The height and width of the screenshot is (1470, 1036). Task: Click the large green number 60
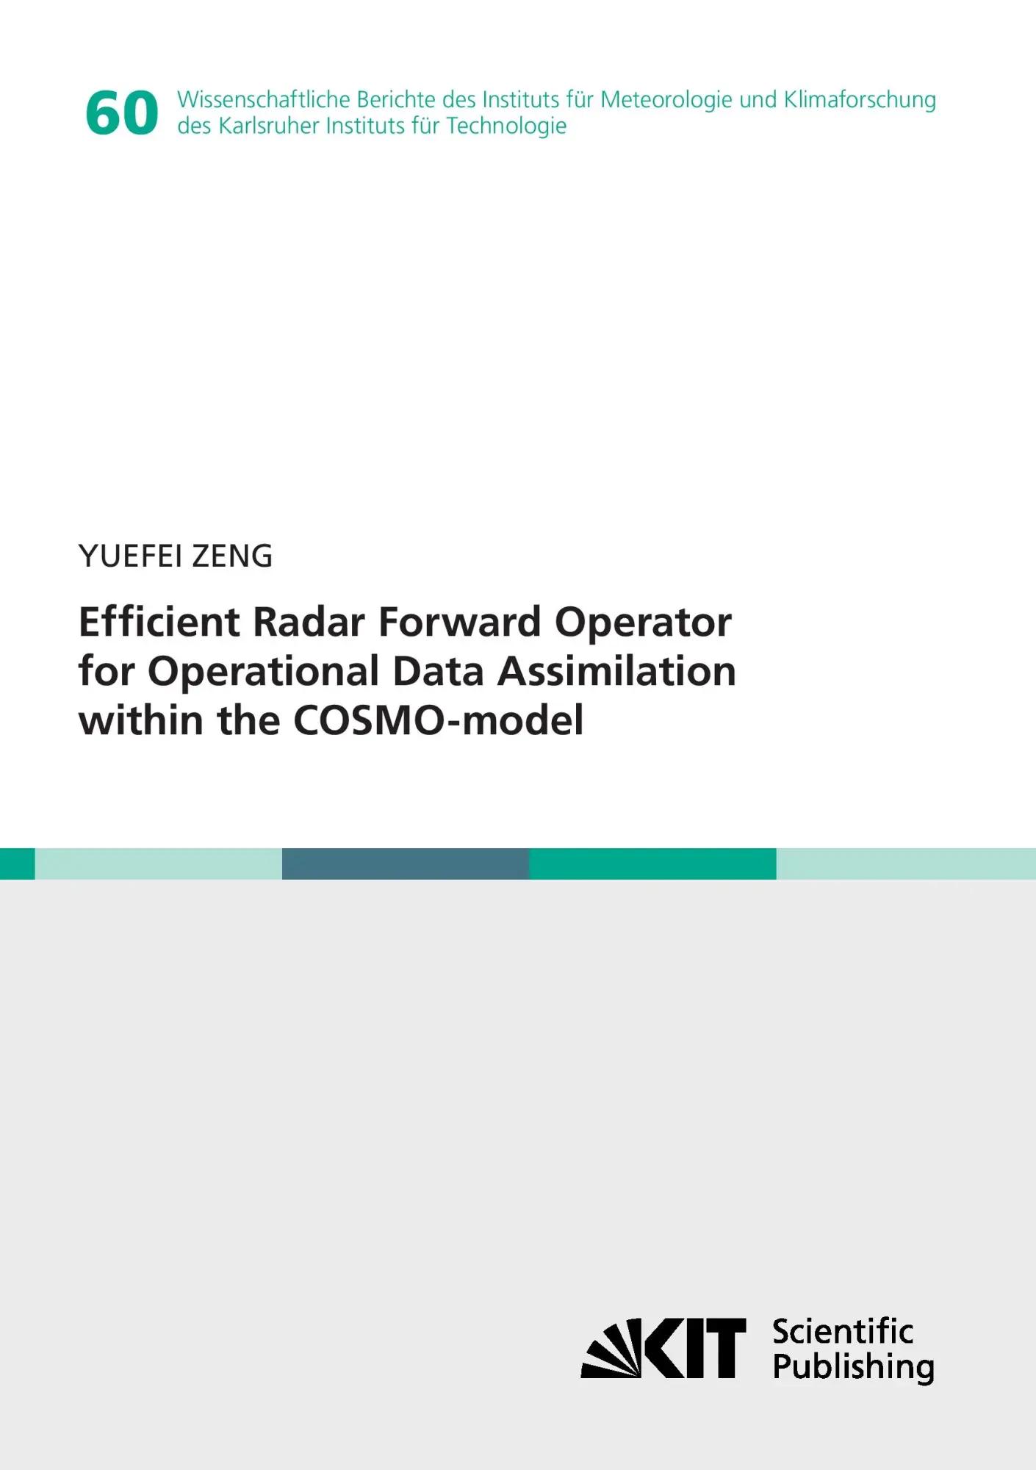(x=121, y=113)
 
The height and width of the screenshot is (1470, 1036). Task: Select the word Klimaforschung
(x=860, y=100)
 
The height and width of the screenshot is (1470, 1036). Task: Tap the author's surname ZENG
(x=232, y=556)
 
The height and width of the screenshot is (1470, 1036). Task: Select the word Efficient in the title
(x=159, y=622)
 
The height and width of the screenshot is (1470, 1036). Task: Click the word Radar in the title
(x=309, y=622)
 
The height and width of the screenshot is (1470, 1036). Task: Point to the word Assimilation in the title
(x=616, y=671)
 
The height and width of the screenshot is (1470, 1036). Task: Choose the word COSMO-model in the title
(x=439, y=720)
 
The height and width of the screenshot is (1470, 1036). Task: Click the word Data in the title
(x=438, y=671)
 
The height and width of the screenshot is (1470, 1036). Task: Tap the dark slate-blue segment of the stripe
(x=406, y=864)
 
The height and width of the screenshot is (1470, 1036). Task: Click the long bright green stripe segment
(x=652, y=864)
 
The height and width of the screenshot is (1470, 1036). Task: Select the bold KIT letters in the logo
(x=694, y=1349)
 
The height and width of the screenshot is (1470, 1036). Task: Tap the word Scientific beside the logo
(x=843, y=1332)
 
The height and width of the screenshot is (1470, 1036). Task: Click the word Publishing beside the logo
(x=854, y=1367)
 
